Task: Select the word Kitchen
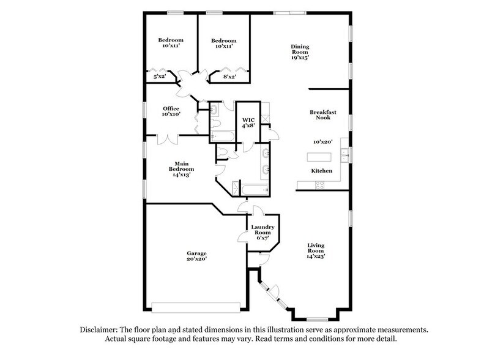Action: (x=322, y=171)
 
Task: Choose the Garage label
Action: (x=197, y=253)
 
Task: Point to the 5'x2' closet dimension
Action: (x=159, y=77)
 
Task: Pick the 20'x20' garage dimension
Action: (x=197, y=260)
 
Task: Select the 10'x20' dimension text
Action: (x=322, y=141)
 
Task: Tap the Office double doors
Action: (x=166, y=140)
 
